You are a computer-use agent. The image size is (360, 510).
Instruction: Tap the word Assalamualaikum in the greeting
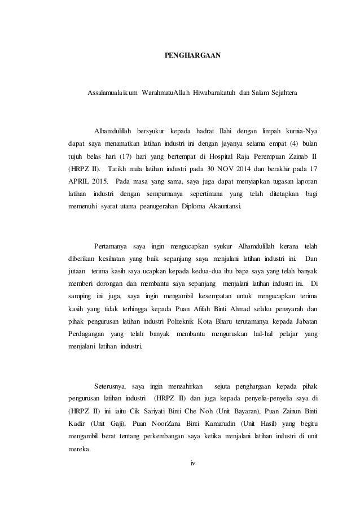[x=113, y=92]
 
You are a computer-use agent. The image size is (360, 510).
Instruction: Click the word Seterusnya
[x=110, y=387]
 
